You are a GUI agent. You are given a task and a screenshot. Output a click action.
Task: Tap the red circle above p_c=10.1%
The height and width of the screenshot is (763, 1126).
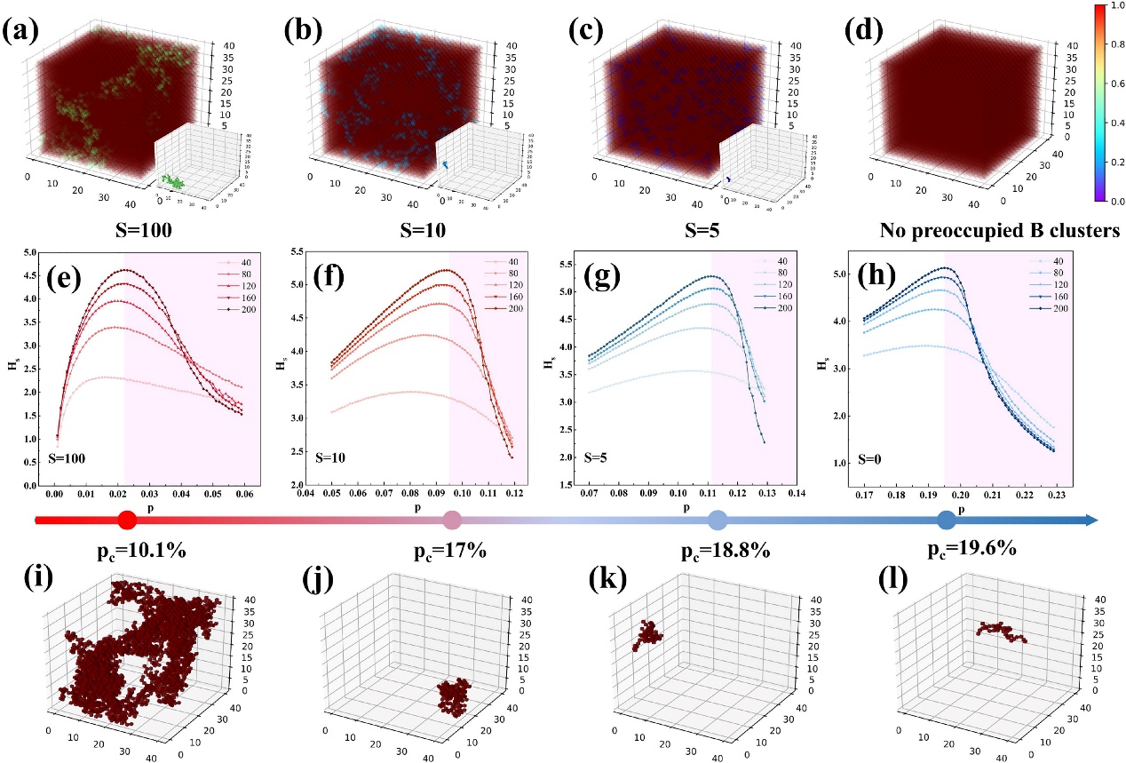tap(127, 521)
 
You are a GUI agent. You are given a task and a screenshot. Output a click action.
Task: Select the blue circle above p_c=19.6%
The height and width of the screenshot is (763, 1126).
tap(948, 521)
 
